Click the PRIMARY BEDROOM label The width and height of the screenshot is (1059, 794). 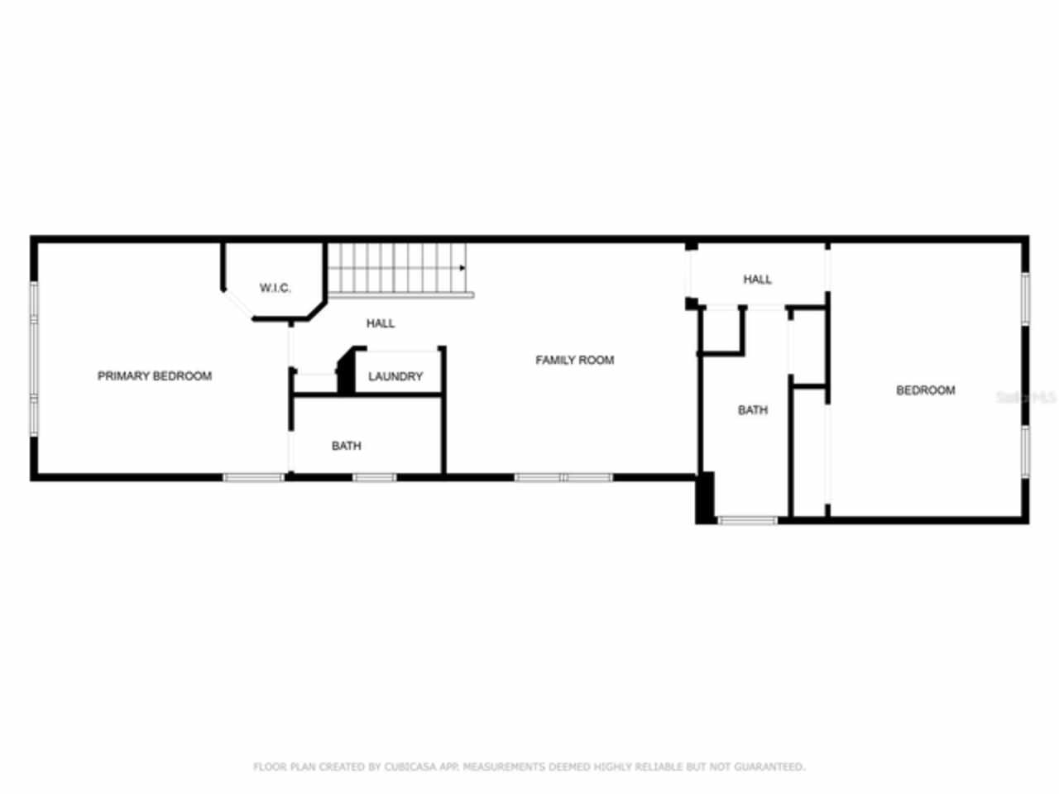[x=155, y=376]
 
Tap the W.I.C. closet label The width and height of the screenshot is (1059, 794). [x=275, y=288]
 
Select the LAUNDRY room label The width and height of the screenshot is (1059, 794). [x=395, y=376]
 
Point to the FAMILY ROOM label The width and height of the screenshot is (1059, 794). [x=574, y=360]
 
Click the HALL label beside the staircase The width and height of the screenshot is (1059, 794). [x=381, y=323]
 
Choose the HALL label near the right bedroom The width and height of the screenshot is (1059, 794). [x=757, y=280]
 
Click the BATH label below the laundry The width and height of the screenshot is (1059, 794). [x=346, y=446]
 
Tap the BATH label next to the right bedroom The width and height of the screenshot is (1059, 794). [x=753, y=410]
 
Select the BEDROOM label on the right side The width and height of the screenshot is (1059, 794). [x=925, y=390]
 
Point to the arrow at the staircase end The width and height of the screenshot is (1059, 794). [x=462, y=268]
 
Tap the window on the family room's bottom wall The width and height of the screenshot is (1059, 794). [x=563, y=477]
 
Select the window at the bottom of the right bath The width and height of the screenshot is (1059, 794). [x=747, y=520]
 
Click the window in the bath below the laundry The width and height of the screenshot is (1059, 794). [x=374, y=477]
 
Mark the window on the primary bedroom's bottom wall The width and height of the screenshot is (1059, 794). [x=254, y=477]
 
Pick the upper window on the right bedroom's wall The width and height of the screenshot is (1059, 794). [x=1024, y=299]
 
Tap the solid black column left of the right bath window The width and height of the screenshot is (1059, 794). [x=705, y=497]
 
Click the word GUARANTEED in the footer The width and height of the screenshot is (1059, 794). [x=770, y=768]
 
